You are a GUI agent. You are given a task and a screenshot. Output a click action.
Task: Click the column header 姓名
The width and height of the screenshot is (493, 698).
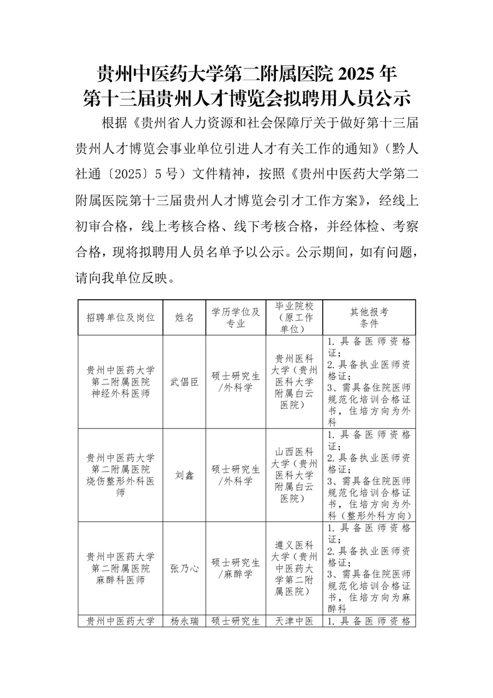click(185, 317)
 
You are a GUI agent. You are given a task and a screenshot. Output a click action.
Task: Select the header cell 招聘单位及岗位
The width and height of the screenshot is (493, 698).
click(121, 317)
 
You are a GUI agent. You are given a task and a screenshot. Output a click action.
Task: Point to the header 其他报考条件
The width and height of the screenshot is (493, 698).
click(369, 317)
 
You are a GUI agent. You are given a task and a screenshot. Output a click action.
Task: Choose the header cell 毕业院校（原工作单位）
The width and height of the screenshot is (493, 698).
click(294, 317)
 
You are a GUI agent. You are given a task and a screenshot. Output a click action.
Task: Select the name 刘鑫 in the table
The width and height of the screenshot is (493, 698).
click(185, 475)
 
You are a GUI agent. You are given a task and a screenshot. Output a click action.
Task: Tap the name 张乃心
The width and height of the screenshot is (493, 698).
click(185, 568)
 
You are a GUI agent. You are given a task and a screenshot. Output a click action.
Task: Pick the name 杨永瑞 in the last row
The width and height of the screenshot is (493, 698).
click(185, 620)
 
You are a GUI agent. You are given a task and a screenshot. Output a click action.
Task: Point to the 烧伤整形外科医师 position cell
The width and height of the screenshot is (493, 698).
click(121, 475)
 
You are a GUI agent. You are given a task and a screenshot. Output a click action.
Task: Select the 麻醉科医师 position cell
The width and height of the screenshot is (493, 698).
click(121, 568)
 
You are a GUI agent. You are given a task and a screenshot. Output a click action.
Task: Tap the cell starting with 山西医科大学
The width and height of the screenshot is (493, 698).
click(294, 475)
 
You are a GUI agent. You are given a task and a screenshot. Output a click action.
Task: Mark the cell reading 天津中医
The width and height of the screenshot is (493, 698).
click(294, 620)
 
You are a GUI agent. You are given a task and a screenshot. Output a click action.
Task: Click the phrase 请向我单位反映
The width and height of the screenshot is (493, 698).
click(121, 278)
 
